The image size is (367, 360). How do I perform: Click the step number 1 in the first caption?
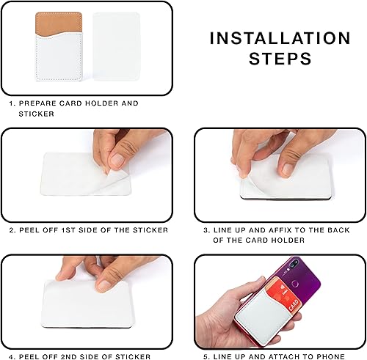pos(12,103)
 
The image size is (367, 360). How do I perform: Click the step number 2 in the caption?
pos(12,230)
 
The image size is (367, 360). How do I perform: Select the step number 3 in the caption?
pos(207,230)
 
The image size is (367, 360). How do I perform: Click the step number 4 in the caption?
pos(12,356)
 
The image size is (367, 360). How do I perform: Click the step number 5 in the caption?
pos(207,356)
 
